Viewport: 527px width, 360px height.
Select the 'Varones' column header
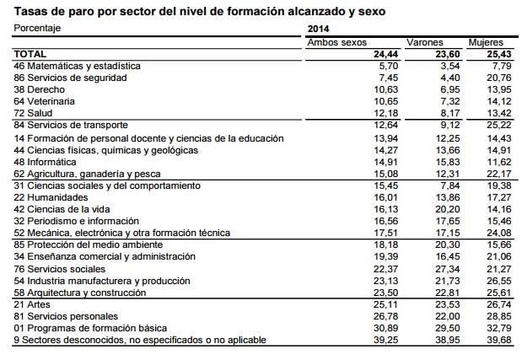tap(424, 41)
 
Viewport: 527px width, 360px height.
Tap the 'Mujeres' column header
tap(486, 41)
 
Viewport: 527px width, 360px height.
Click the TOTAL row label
tap(30, 53)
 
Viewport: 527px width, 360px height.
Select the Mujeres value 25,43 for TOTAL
tap(500, 53)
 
